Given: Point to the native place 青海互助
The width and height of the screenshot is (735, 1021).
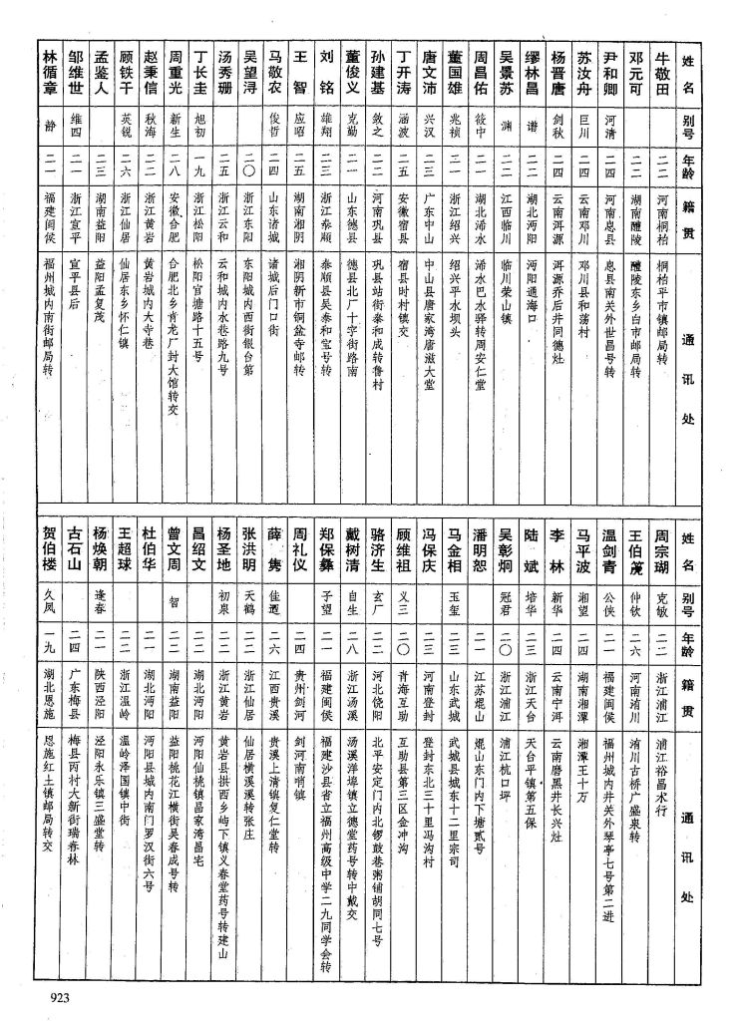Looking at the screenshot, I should pyautogui.click(x=403, y=690).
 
